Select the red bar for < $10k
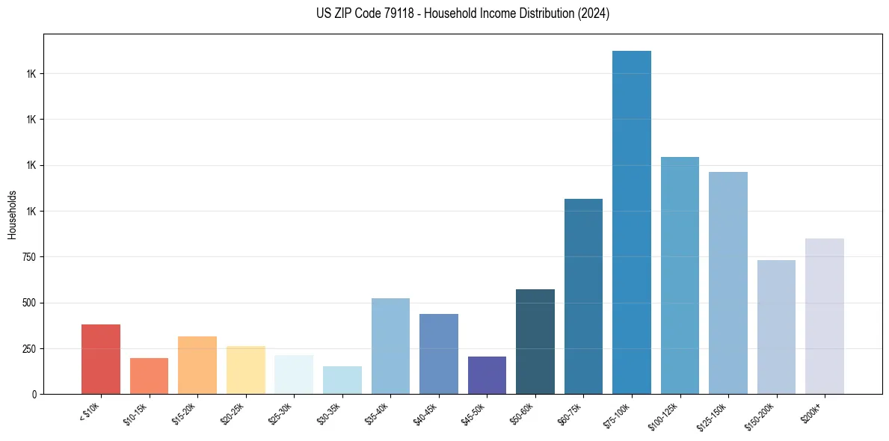(x=101, y=359)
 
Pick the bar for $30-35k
(x=342, y=380)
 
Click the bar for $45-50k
(x=487, y=375)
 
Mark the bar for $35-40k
(x=390, y=346)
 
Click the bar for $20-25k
(x=246, y=370)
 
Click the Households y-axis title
(x=12, y=215)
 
